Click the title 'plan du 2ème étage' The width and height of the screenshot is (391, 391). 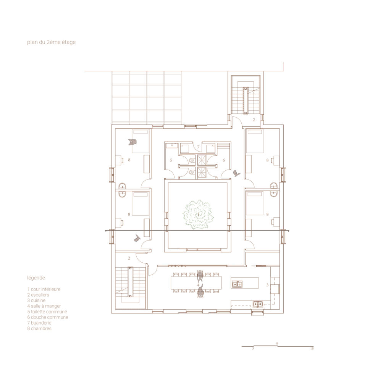point(52,42)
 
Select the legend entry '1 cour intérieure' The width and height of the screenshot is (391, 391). point(44,289)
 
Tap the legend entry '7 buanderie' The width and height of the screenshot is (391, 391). point(39,323)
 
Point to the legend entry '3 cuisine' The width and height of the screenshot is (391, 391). point(36,301)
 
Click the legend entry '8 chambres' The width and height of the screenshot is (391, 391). point(39,329)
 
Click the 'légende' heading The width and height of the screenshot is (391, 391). point(36,278)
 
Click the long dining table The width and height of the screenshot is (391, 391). point(196,283)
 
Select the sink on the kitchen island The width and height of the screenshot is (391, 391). point(237,284)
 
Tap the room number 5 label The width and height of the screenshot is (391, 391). point(171,160)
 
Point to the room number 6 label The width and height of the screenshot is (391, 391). point(224,160)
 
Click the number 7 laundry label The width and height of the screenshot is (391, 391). point(199,147)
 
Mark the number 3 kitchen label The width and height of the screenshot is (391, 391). point(267,285)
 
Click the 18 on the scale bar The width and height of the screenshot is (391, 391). point(312,349)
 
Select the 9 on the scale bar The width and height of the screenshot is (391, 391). point(277,344)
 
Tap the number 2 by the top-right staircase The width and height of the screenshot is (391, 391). point(254,120)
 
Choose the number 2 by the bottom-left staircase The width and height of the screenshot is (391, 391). point(129,258)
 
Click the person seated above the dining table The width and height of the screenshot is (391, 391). point(200,276)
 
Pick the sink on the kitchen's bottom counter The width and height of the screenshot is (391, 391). point(258,304)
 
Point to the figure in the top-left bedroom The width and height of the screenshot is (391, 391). point(132,142)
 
